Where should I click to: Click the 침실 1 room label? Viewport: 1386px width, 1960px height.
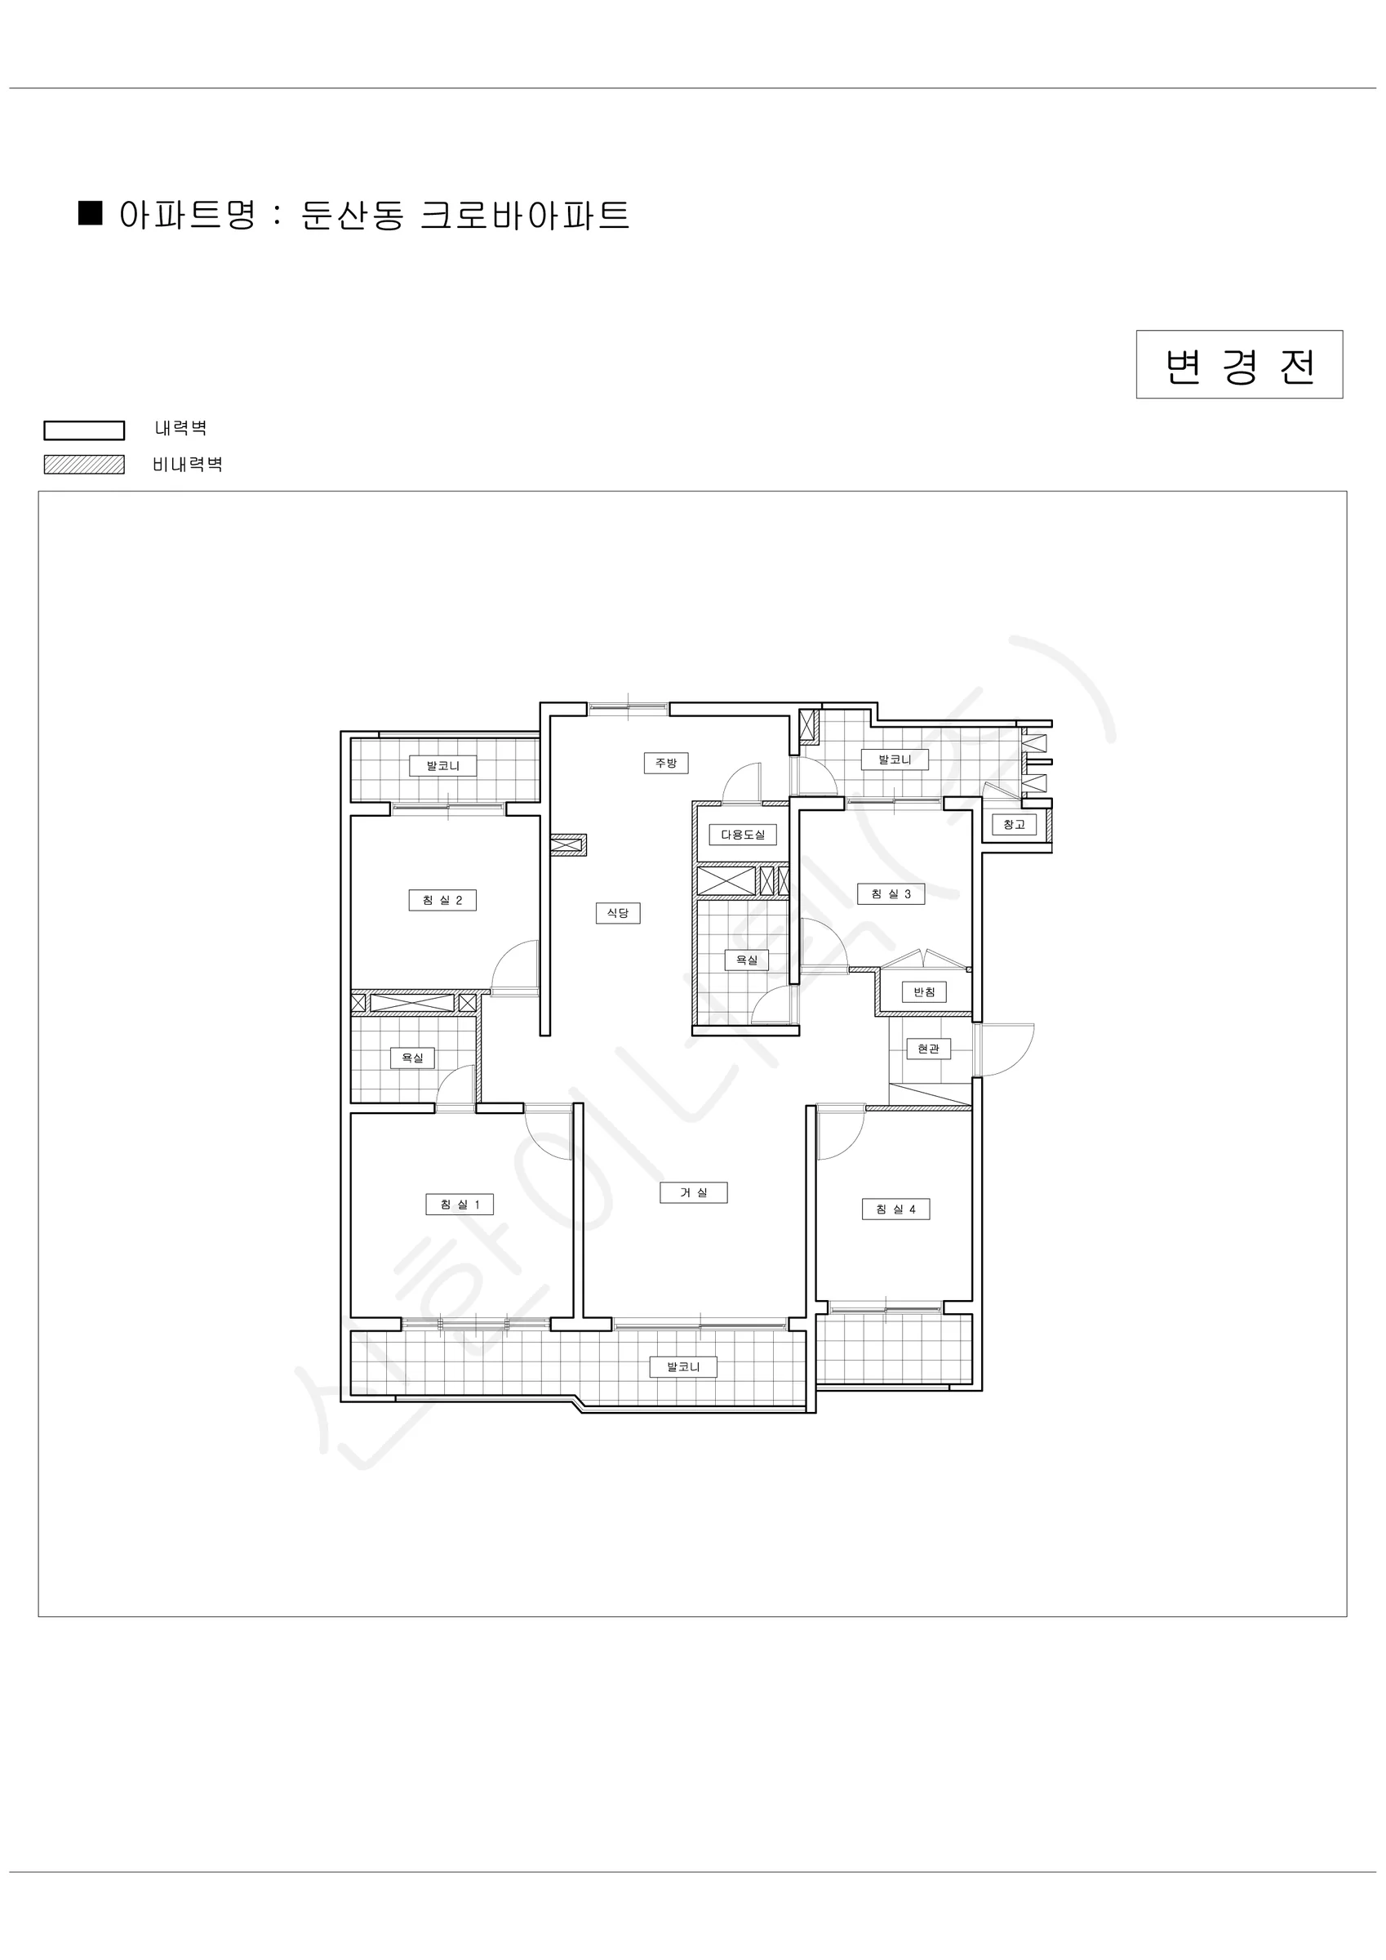460,1205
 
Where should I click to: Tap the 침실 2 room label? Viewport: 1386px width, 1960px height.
442,900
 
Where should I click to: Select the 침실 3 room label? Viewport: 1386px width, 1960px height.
891,893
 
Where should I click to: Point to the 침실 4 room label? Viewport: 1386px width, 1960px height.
895,1209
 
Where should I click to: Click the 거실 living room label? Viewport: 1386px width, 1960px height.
694,1192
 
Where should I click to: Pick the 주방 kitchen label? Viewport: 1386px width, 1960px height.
666,763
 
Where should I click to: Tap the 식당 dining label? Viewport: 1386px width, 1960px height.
618,912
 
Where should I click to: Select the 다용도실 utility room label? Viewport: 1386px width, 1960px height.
743,834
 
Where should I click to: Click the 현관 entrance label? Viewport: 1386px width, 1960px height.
929,1049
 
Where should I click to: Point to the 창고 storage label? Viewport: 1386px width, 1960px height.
1014,825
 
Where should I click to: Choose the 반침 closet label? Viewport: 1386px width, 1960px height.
924,992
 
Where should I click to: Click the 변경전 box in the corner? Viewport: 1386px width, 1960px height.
1239,364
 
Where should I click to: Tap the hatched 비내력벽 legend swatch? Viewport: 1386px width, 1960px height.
85,465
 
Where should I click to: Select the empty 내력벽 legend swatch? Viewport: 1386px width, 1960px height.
85,430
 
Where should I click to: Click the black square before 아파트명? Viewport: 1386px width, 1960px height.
91,213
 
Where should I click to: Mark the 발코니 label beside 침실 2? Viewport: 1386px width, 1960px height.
443,766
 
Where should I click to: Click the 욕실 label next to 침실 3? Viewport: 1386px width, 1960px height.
747,960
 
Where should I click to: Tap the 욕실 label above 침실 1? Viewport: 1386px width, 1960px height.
412,1058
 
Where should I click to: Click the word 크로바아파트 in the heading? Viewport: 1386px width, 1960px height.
525,215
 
